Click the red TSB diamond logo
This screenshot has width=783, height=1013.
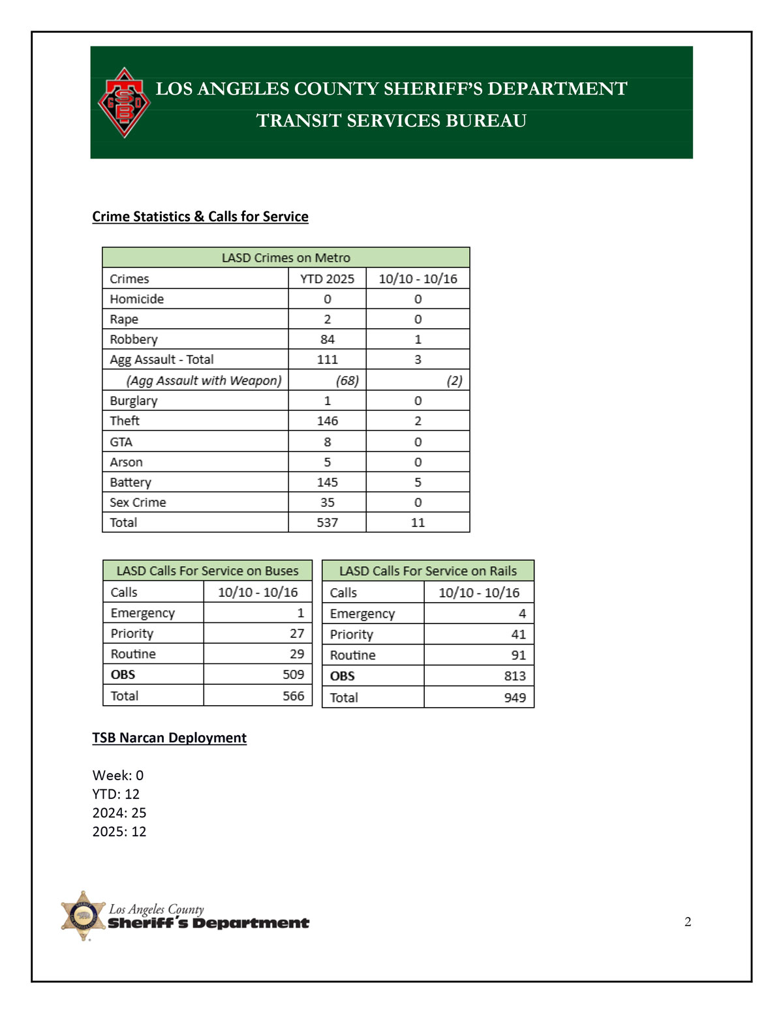click(124, 102)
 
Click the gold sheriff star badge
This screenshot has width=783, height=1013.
click(83, 915)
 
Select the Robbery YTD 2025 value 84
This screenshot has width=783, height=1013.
click(327, 339)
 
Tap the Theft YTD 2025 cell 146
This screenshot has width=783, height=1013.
click(327, 421)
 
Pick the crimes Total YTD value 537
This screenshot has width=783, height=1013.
click(327, 522)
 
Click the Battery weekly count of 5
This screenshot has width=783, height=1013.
click(418, 482)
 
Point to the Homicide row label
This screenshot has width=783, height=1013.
click(136, 299)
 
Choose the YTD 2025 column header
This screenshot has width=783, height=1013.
click(327, 279)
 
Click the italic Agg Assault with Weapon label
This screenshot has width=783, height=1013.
click(204, 380)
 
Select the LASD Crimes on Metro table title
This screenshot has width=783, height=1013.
click(286, 258)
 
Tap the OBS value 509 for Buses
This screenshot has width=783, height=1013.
click(293, 674)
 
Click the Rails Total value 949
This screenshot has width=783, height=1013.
click(514, 697)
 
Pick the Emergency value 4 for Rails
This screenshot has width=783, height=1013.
click(521, 613)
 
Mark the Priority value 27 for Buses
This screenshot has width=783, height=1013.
click(296, 633)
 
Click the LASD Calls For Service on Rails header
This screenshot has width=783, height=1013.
click(427, 571)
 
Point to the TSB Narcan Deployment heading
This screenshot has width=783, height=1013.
click(169, 738)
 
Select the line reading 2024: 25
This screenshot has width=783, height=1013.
click(119, 813)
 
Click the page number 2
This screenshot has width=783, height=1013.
click(688, 922)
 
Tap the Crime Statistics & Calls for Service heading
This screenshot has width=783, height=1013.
click(200, 217)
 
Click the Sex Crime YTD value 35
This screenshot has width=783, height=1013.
click(327, 502)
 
